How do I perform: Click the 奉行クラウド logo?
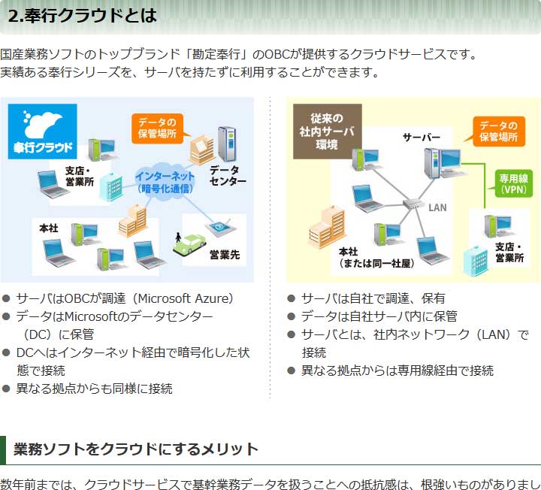coord(42,129)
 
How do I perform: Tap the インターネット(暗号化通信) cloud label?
coord(165,181)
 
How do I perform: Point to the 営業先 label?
coord(224,256)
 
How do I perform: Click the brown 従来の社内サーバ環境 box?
coord(327,131)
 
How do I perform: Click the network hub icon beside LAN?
coord(413,204)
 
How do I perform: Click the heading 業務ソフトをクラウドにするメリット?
coord(136,449)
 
